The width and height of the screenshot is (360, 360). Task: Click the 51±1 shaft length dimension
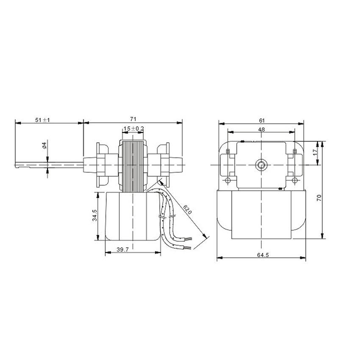[42, 120]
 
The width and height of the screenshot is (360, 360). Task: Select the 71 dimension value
[133, 119]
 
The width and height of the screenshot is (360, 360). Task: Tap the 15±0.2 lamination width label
[133, 129]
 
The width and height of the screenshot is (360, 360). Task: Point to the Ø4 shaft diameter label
[44, 145]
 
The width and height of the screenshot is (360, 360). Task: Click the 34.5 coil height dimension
[94, 215]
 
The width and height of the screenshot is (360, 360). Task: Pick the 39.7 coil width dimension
[123, 249]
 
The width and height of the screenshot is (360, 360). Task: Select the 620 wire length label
[187, 209]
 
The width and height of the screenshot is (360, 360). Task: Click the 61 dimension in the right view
[262, 121]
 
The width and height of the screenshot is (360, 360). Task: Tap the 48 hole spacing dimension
[261, 130]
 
